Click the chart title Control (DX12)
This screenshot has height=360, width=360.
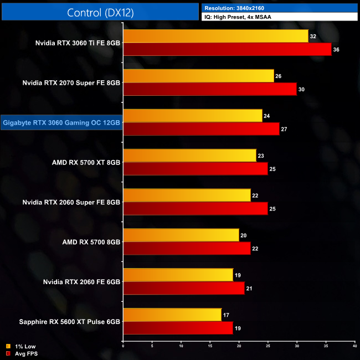[x=100, y=13]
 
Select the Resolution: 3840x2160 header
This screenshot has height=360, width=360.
[x=233, y=8]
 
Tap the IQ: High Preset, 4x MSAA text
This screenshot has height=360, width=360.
[x=239, y=17]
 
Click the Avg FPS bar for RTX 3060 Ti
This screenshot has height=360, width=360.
[x=227, y=50]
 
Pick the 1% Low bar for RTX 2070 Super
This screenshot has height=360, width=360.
[x=198, y=76]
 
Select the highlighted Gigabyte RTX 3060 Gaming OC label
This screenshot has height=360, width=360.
[x=61, y=122]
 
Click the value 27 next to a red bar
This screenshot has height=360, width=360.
[x=284, y=130]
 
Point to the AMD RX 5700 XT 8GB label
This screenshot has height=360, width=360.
[x=85, y=162]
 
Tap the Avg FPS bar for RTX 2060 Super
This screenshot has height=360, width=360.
[x=196, y=209]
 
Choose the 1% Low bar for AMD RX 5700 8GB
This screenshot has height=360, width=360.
[x=181, y=235]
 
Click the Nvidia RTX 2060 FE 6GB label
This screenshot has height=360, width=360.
[x=81, y=282]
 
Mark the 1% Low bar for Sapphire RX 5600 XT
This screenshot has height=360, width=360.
[x=172, y=315]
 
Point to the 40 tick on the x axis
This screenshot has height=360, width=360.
[x=354, y=346]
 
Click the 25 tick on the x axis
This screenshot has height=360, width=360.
[x=268, y=346]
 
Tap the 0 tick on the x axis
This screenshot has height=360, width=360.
[x=124, y=346]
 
